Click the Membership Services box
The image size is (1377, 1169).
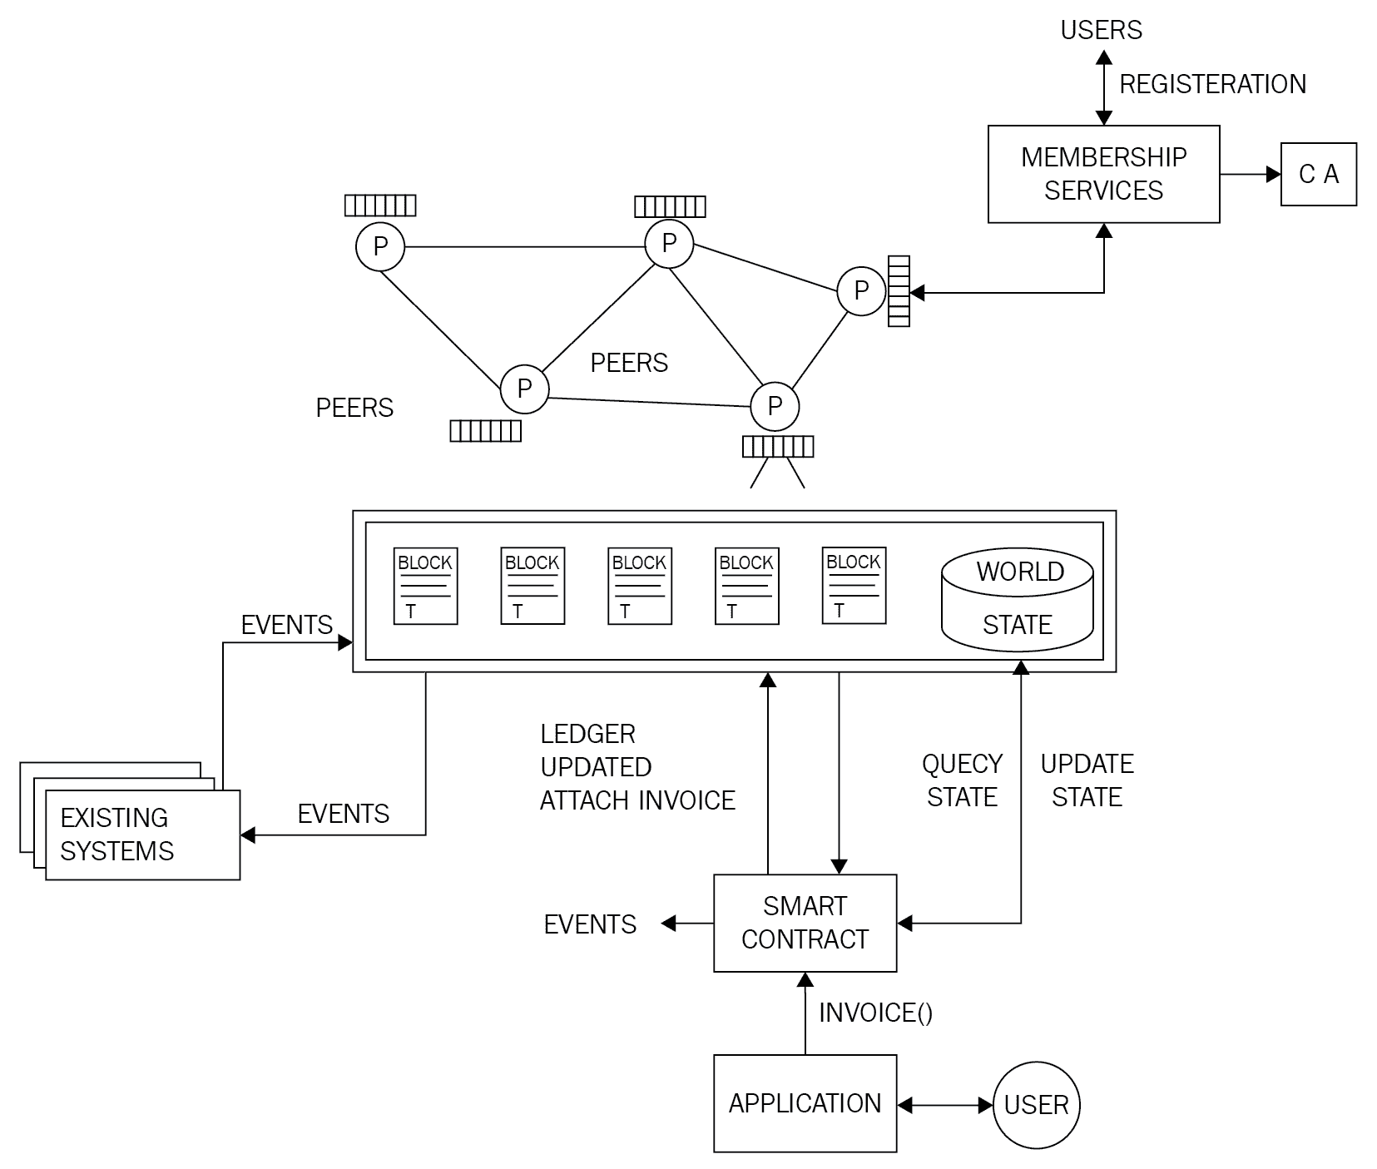tap(1102, 174)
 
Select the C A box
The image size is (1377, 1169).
tap(1318, 174)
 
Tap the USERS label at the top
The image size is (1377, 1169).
tap(1101, 30)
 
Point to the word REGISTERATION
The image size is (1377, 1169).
tap(1212, 84)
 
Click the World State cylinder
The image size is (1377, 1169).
tap(1017, 599)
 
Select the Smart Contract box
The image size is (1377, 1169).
tap(805, 923)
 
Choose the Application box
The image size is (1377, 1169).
tap(805, 1103)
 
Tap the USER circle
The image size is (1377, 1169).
tap(1036, 1105)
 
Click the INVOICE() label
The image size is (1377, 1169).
tap(875, 1013)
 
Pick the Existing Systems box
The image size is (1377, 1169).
tap(142, 835)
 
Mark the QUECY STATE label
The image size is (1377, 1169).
tap(962, 780)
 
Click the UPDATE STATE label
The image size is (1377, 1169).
tap(1087, 780)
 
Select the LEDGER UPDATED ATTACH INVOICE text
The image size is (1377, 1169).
tap(637, 767)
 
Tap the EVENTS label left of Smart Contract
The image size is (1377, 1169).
tap(590, 924)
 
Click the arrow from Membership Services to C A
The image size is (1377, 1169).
tap(1250, 174)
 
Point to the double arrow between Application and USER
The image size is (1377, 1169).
tap(945, 1105)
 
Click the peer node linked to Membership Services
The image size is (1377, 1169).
tap(860, 291)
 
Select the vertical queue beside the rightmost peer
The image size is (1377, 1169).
tap(899, 291)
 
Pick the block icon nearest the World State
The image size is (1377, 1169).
tap(854, 586)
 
